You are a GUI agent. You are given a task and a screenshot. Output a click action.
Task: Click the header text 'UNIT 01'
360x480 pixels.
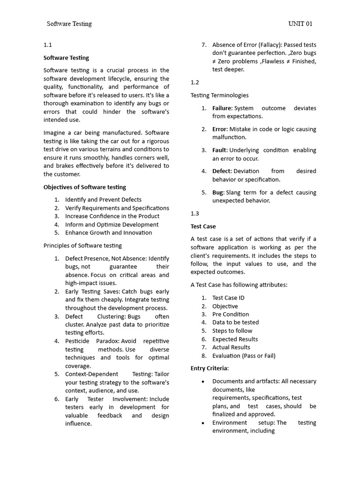tap(300, 24)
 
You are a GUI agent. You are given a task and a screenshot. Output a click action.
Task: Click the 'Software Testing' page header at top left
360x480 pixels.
tap(69, 24)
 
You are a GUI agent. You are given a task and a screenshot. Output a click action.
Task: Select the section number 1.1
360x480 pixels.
tap(47, 45)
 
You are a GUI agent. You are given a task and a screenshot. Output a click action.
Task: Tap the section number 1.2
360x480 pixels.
tap(195, 82)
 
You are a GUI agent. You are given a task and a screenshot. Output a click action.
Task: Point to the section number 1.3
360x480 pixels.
tap(195, 213)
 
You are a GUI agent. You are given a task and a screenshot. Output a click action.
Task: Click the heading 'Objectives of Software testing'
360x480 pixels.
tap(85, 187)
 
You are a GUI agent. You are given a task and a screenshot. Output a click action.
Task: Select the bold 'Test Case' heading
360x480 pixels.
tap(203, 226)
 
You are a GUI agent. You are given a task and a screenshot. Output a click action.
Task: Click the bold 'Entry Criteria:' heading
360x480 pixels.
tap(210, 368)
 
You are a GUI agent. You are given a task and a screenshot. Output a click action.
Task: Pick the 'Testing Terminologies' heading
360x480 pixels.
tap(220, 95)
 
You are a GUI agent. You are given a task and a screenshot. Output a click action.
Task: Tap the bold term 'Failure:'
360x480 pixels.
tap(222, 108)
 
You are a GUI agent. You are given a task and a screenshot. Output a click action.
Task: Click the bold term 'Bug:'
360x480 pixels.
tap(218, 193)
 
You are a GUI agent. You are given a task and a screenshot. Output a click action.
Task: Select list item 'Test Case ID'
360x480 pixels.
tap(228, 298)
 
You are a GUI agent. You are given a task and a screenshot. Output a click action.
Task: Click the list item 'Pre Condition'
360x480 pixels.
tap(231, 314)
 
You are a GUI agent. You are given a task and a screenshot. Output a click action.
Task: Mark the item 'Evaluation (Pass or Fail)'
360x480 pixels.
tap(244, 356)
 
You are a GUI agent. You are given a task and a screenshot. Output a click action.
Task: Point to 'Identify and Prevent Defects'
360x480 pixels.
tap(103, 200)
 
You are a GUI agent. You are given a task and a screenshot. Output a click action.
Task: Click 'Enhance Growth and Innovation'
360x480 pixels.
tap(108, 232)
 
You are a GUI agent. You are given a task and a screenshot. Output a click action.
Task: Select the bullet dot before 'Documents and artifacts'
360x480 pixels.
tap(202, 382)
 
